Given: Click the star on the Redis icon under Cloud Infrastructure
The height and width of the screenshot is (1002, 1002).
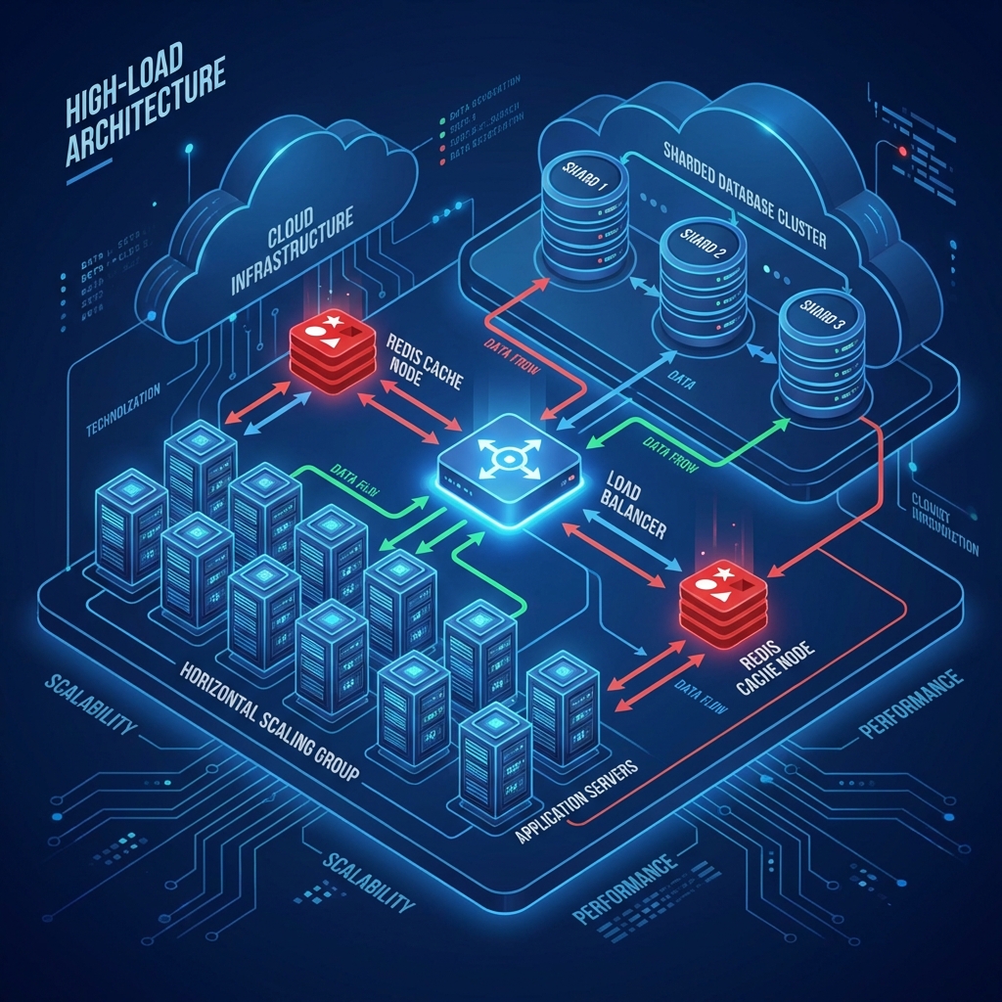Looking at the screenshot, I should click(x=335, y=323).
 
